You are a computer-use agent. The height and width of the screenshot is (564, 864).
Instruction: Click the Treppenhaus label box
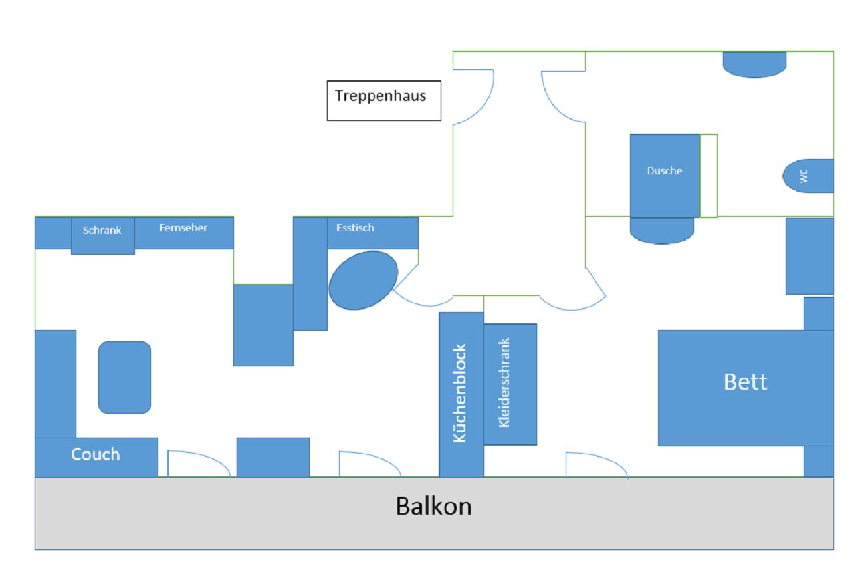point(383,100)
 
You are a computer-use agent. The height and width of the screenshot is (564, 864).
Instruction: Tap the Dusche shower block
point(665,175)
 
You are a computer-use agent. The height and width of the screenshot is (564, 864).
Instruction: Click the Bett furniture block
point(745,388)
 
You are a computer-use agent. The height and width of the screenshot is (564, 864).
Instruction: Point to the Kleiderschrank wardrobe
point(510,384)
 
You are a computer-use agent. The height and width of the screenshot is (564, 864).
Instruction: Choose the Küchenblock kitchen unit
point(461,394)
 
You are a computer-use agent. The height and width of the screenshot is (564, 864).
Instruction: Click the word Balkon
point(433,506)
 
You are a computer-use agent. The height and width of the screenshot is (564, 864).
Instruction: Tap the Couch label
point(96,454)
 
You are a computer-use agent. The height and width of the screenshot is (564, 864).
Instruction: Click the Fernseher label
point(183,228)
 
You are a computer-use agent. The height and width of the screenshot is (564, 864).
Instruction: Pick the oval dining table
point(363,280)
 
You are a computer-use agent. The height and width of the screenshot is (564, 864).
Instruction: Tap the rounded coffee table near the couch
point(124,377)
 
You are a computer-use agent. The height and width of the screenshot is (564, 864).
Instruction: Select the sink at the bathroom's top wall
point(754,64)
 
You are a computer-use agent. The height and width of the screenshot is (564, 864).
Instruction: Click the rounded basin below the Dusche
point(661,230)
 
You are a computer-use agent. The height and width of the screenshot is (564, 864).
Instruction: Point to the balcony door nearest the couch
point(198,464)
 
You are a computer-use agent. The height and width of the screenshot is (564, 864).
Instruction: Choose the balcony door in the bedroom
point(596,465)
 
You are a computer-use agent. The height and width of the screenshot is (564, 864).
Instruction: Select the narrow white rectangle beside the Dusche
point(708,176)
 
